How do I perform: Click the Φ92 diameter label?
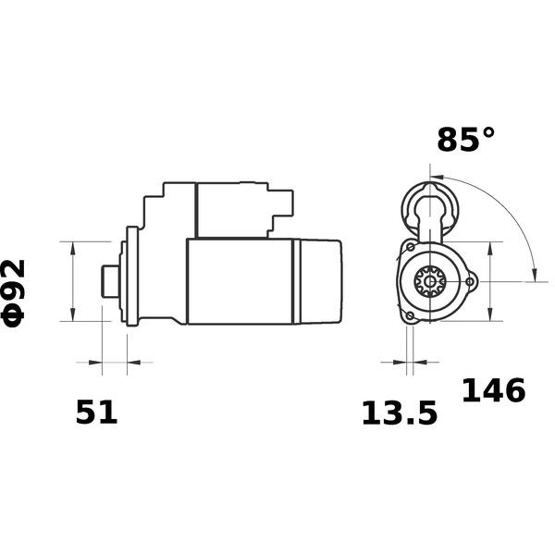pyautogui.click(x=14, y=293)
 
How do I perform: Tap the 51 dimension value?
pyautogui.click(x=96, y=413)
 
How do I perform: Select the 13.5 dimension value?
pyautogui.click(x=400, y=413)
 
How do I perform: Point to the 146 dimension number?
pyautogui.click(x=493, y=390)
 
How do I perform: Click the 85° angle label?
pyautogui.click(x=466, y=139)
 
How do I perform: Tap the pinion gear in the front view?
pyautogui.click(x=430, y=281)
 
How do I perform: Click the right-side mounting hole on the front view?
pyautogui.click(x=470, y=282)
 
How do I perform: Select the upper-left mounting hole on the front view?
pyautogui.click(x=410, y=247)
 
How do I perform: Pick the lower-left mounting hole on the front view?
pyautogui.click(x=410, y=315)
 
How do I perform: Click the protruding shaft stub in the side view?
pyautogui.click(x=110, y=282)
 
